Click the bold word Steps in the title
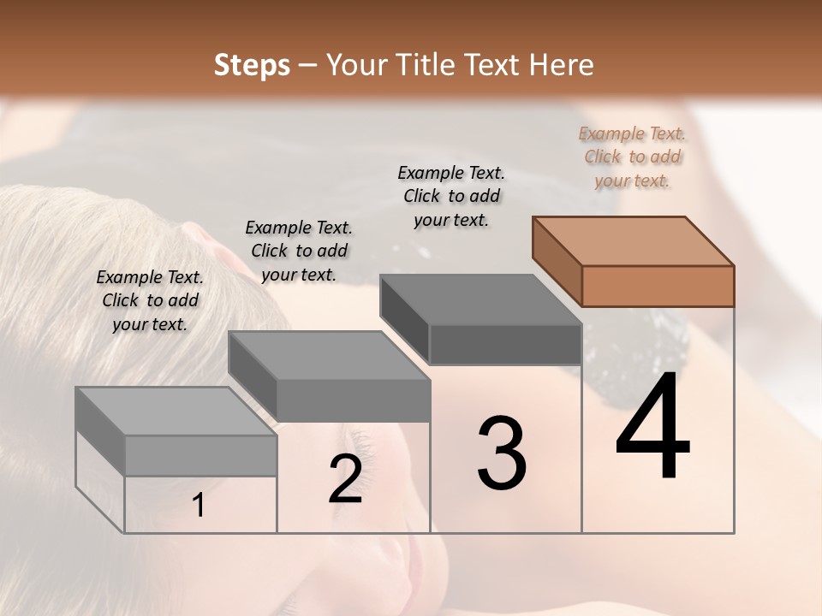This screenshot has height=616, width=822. (252, 65)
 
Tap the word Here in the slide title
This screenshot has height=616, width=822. (559, 65)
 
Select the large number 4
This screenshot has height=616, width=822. (653, 427)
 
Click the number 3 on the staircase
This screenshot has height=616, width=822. (502, 453)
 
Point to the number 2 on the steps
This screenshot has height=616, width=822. (345, 479)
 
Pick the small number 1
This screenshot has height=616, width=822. (199, 506)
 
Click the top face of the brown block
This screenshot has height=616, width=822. (633, 240)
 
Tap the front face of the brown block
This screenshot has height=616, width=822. (658, 286)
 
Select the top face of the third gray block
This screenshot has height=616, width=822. (480, 299)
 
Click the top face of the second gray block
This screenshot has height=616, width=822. (328, 355)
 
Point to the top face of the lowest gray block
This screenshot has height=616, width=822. (176, 412)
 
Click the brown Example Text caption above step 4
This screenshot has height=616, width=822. (632, 157)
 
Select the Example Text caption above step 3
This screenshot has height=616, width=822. (451, 196)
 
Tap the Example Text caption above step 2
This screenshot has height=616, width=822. (299, 251)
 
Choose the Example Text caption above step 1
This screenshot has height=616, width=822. (150, 300)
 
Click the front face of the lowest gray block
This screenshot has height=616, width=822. (200, 455)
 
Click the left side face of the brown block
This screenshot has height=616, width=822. (557, 260)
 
